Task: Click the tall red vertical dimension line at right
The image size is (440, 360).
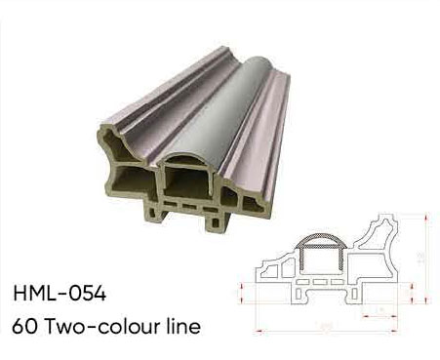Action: pyautogui.click(x=426, y=258)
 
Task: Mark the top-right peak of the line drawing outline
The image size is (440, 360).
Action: pyautogui.click(x=401, y=218)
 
